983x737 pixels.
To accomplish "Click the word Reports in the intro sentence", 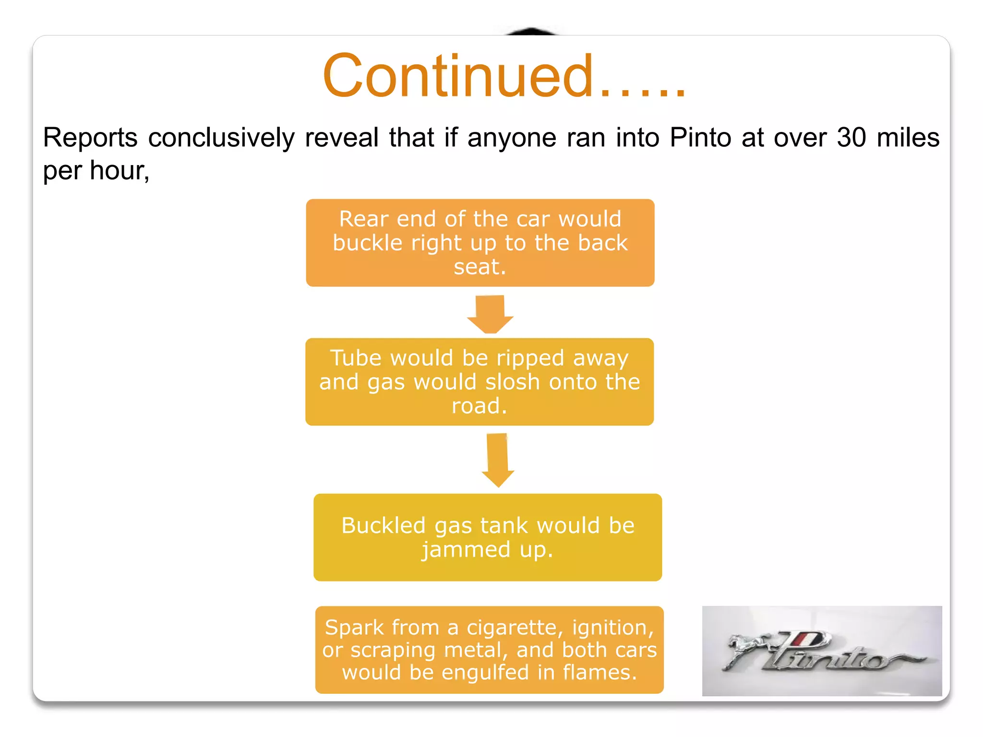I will coord(90,138).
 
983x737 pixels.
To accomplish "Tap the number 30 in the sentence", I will coord(851,138).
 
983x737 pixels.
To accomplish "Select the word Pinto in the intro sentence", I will coord(700,138).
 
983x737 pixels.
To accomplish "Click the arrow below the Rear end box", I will coord(490,314).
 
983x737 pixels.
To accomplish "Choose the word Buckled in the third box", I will coord(383,525).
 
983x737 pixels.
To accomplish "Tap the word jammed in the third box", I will coord(466,550).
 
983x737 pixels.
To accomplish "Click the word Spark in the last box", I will coord(354,628).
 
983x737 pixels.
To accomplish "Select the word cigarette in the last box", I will coord(512,628).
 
